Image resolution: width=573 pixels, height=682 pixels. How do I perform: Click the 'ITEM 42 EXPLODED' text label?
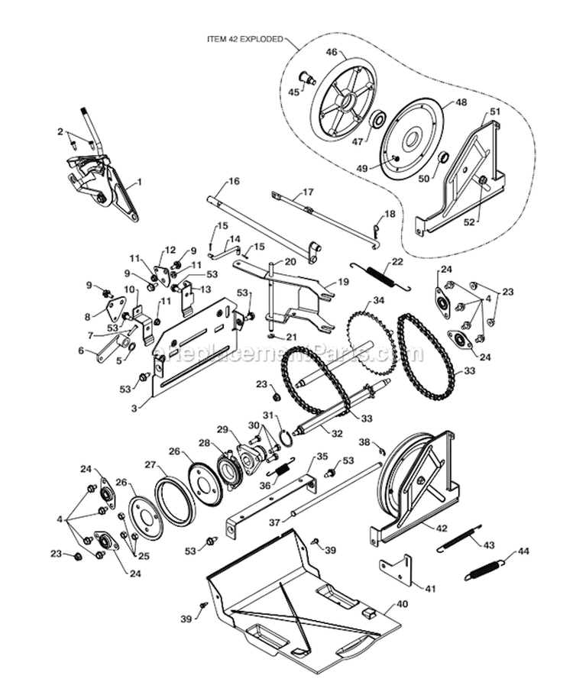pyautogui.click(x=244, y=37)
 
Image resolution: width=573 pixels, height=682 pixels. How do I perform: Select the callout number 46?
pyautogui.click(x=332, y=52)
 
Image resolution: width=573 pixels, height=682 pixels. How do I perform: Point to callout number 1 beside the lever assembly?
pyautogui.click(x=140, y=183)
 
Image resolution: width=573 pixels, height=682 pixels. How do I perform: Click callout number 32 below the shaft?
pyautogui.click(x=338, y=433)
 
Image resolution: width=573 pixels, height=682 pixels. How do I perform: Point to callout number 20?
pyautogui.click(x=290, y=261)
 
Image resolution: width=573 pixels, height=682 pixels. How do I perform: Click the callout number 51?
pyautogui.click(x=495, y=112)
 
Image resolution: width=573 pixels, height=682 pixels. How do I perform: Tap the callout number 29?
pyautogui.click(x=222, y=429)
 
